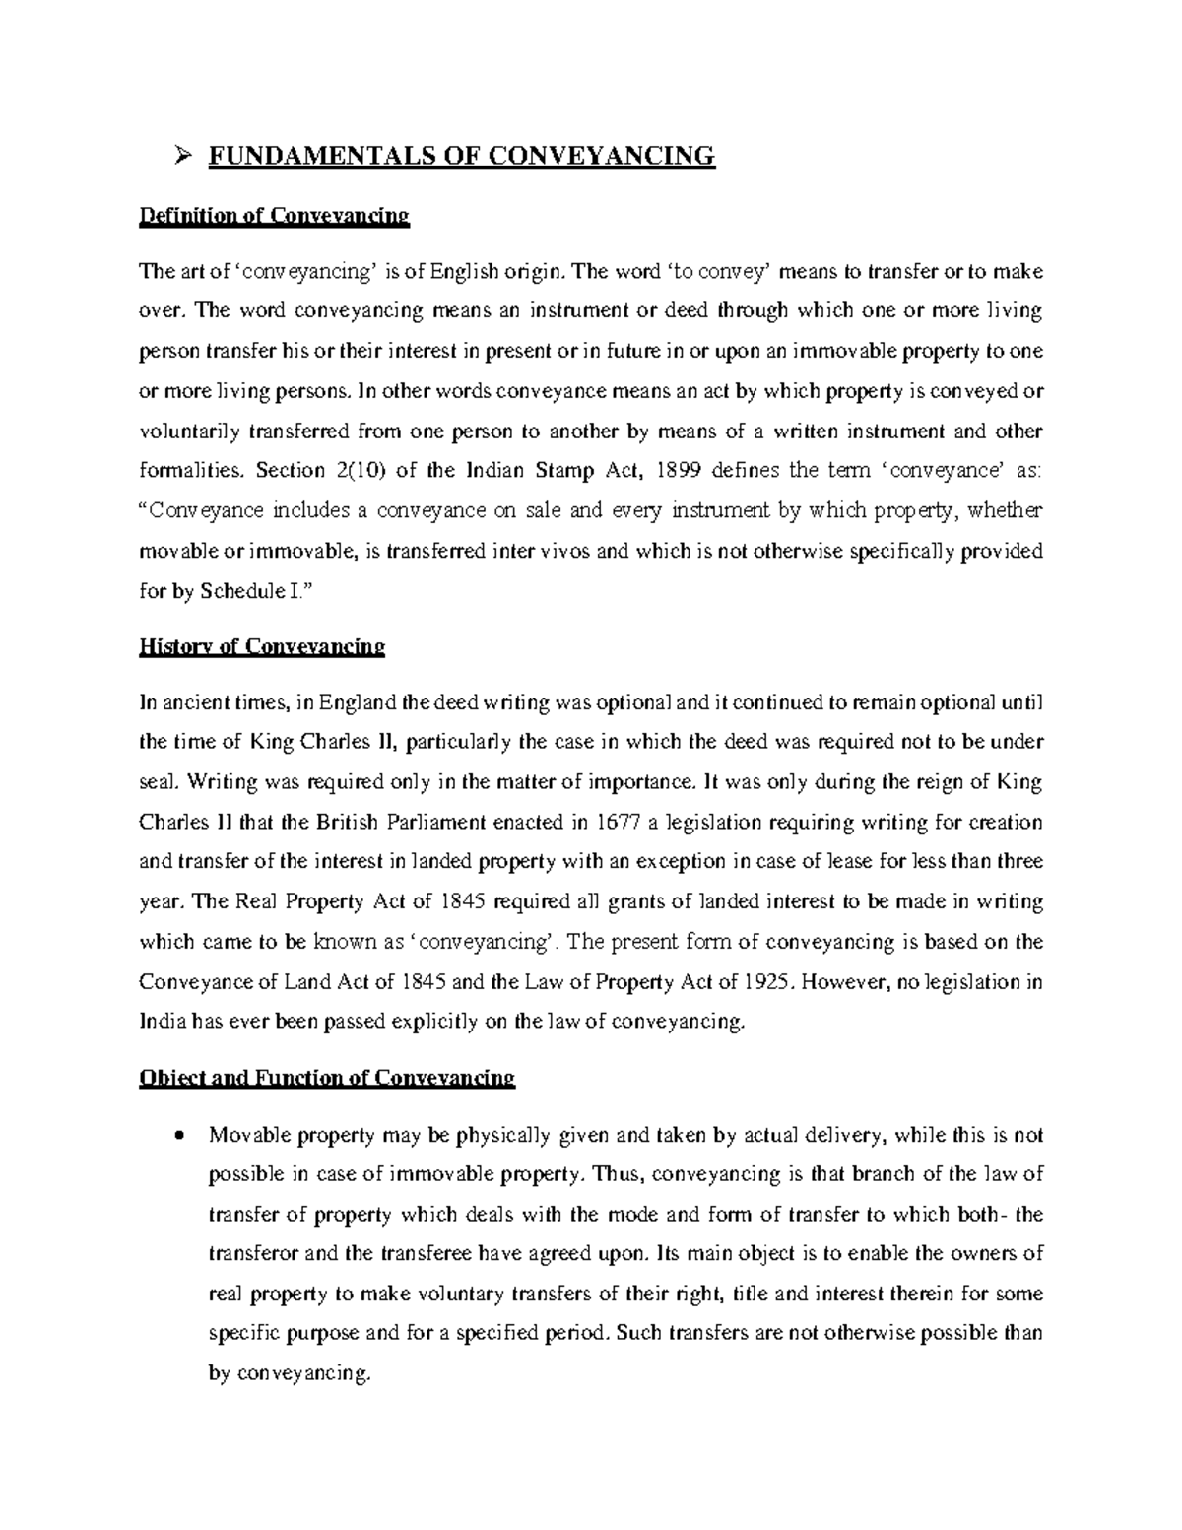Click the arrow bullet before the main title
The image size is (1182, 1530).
[180, 155]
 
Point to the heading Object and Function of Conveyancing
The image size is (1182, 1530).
[327, 1077]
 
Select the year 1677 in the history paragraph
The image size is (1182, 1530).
[614, 823]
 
